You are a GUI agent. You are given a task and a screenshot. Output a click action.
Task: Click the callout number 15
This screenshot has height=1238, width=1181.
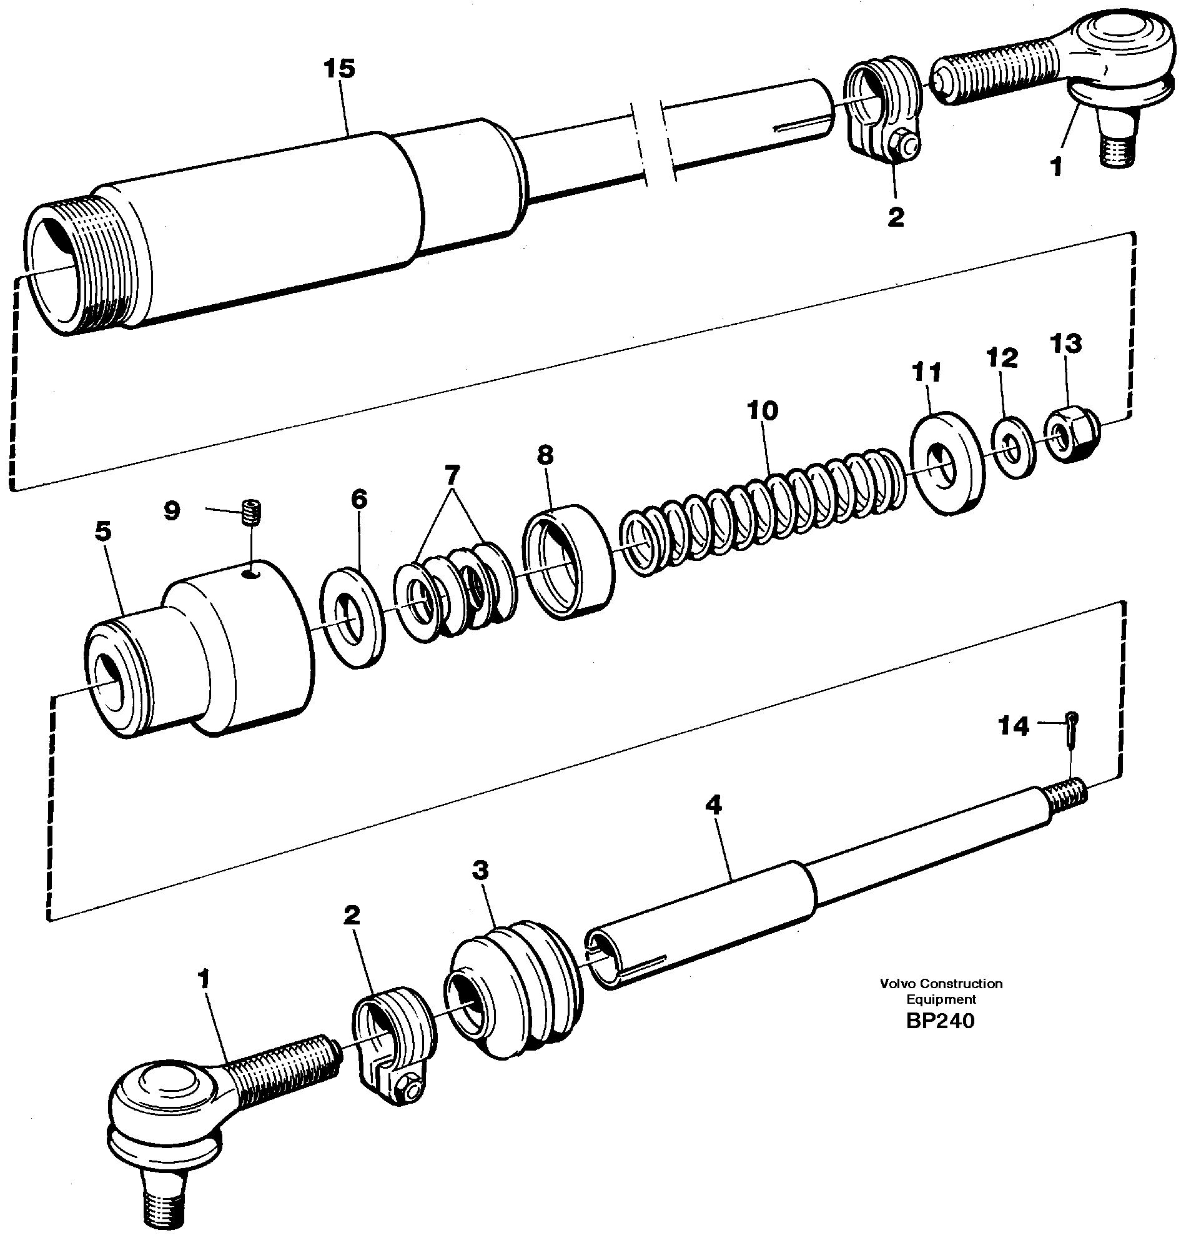pyautogui.click(x=339, y=69)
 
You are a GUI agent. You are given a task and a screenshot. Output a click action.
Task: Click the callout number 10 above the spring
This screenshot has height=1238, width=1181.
pyautogui.click(x=763, y=410)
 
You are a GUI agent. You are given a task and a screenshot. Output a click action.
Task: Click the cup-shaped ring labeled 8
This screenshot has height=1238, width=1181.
pyautogui.click(x=568, y=562)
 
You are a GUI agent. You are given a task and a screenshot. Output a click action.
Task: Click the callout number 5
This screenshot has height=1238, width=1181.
pyautogui.click(x=103, y=532)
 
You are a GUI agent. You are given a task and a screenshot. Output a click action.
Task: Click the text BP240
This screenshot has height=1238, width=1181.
pyautogui.click(x=940, y=1021)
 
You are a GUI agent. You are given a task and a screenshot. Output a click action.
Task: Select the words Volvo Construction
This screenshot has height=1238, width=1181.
pyautogui.click(x=941, y=983)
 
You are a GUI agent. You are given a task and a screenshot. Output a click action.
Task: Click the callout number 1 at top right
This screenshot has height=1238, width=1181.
pyautogui.click(x=1056, y=167)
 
